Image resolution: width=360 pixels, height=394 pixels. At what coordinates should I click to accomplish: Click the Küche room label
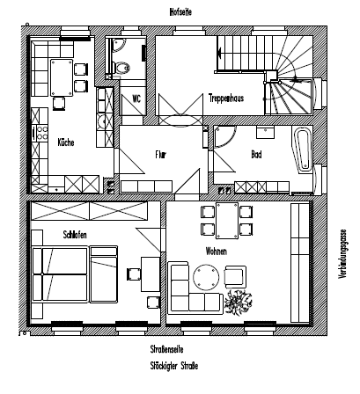(65, 142)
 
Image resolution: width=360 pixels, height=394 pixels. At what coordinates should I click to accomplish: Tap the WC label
(136, 98)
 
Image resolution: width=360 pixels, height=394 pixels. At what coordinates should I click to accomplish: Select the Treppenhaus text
(225, 98)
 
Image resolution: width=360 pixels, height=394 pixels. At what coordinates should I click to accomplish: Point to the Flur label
(161, 155)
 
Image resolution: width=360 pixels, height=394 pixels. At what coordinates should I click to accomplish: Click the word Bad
(257, 155)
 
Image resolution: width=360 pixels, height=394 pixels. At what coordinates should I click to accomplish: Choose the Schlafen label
(75, 234)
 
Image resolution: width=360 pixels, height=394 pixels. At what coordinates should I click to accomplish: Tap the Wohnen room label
(216, 251)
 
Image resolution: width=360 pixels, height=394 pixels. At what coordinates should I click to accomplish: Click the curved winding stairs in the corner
(290, 91)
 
